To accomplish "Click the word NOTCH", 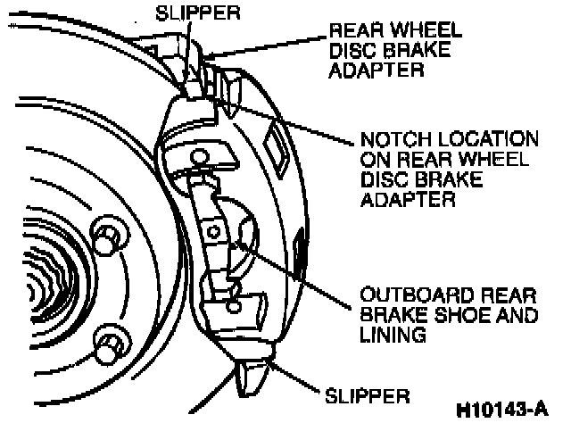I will click(390, 140).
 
